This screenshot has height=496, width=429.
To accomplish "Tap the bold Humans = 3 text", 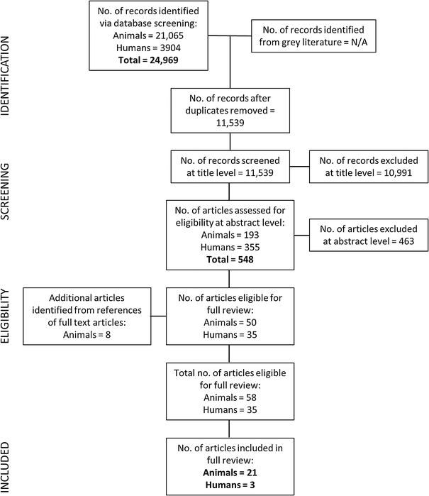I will click(228, 484).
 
